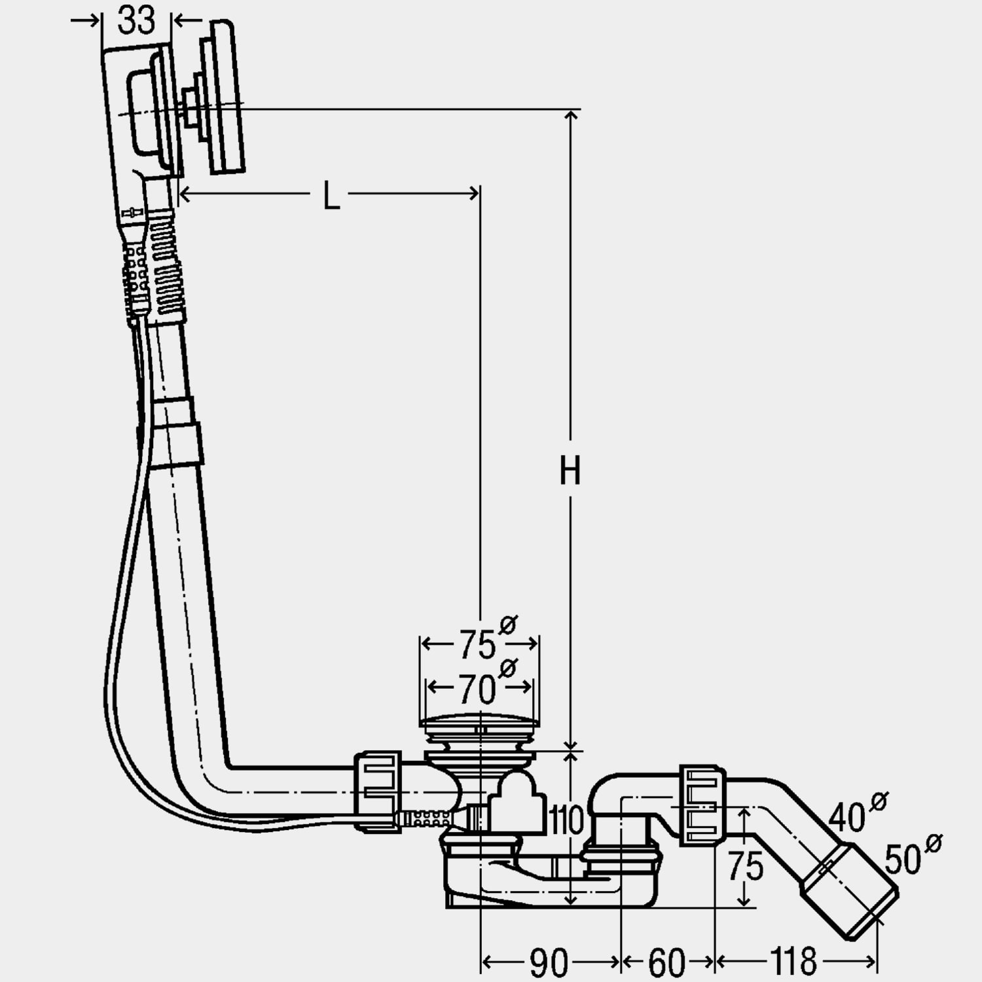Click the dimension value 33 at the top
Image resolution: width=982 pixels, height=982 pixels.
[136, 20]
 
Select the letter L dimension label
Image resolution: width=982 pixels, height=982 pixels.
[332, 195]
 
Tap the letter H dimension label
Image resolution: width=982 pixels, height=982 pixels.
[570, 470]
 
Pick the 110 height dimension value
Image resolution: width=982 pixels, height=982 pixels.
[566, 820]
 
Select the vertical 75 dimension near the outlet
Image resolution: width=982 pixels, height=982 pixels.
[746, 865]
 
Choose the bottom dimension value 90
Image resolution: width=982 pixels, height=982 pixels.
[549, 962]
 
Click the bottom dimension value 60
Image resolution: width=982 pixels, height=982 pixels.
[667, 962]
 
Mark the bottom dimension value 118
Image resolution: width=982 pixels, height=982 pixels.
[793, 962]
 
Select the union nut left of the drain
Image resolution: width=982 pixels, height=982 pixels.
[378, 791]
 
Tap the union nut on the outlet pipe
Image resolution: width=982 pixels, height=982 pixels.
[703, 803]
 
